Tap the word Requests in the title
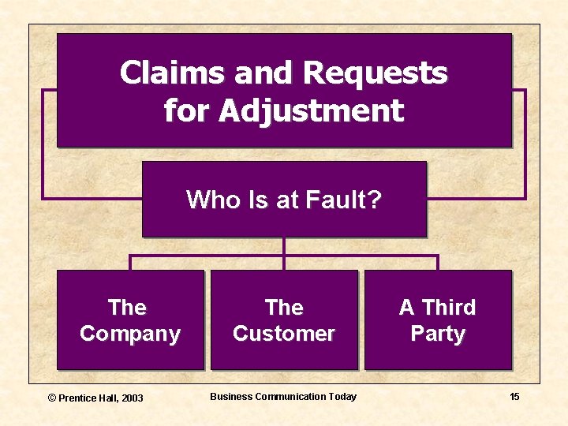(x=375, y=73)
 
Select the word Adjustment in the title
(x=311, y=110)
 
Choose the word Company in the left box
(x=130, y=334)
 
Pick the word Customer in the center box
(x=284, y=334)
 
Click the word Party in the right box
(x=438, y=334)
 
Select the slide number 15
(x=514, y=397)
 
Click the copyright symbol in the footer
(x=53, y=398)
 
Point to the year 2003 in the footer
(x=133, y=398)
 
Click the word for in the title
(x=187, y=110)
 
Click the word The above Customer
(x=284, y=307)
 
